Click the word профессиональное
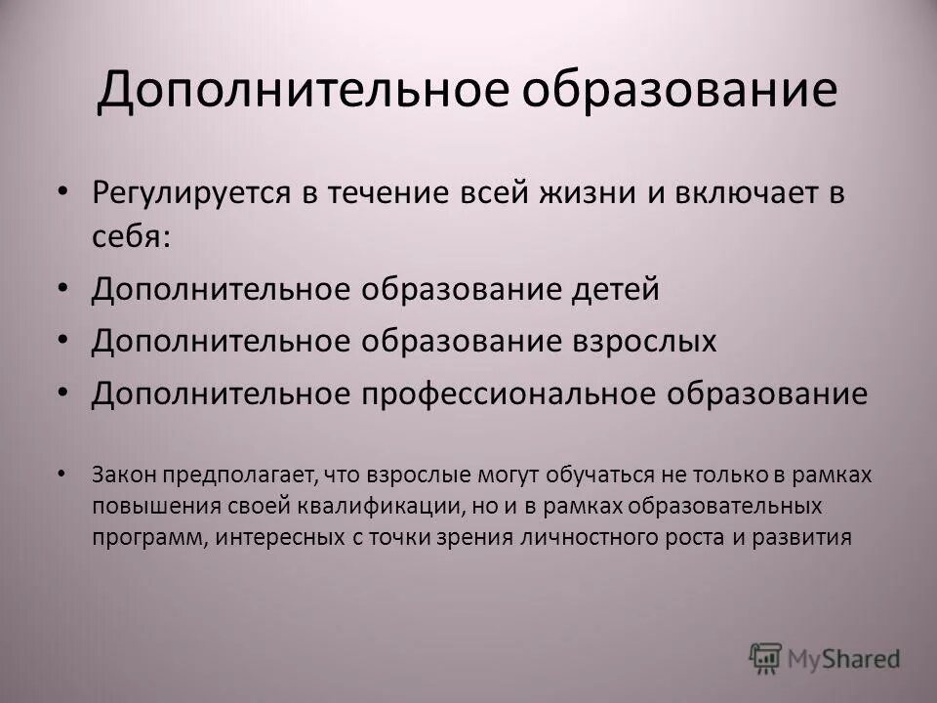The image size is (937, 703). (x=517, y=393)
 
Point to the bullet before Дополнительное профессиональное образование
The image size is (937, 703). (x=64, y=393)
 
